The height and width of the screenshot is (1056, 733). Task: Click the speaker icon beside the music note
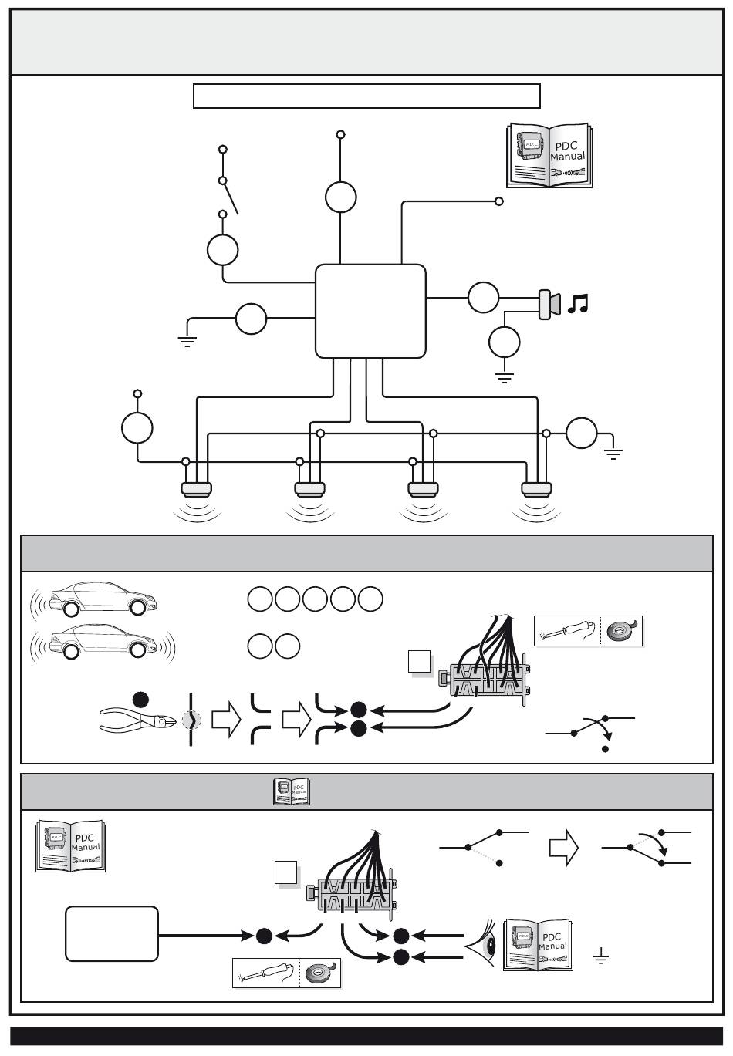[549, 304]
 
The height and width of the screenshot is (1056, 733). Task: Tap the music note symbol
[577, 304]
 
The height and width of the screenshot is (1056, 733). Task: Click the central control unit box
[370, 311]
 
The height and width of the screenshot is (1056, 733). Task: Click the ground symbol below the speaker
[505, 378]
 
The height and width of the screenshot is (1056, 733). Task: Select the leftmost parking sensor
[196, 488]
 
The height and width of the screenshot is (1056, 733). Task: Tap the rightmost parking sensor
[536, 488]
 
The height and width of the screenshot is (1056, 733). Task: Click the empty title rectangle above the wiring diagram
[366, 96]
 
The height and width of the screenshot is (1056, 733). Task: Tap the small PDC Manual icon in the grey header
[292, 791]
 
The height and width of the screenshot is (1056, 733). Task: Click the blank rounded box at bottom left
[112, 933]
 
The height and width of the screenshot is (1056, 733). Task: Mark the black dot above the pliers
[140, 700]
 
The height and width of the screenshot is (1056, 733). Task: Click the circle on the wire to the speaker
[484, 298]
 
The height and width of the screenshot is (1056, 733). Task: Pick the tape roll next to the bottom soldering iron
[319, 973]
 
